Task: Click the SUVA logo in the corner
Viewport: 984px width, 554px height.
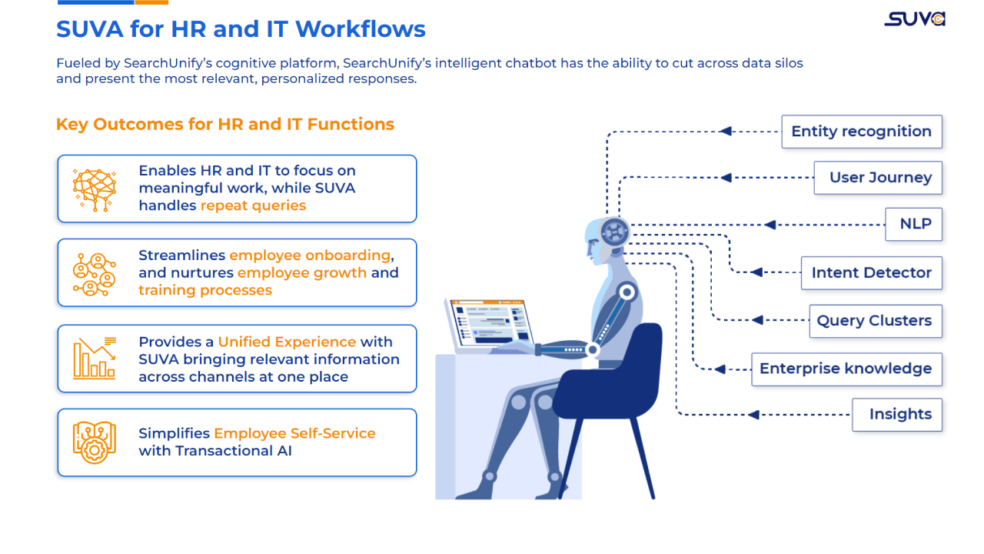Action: (x=914, y=19)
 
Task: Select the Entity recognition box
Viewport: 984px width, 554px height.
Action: (x=861, y=132)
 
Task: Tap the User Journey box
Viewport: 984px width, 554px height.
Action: (x=878, y=178)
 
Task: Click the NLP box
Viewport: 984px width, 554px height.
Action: (x=914, y=224)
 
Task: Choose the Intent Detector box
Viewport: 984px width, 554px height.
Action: (x=871, y=273)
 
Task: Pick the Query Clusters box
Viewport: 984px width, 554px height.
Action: (x=874, y=321)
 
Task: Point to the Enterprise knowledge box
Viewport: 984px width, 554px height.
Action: (x=846, y=369)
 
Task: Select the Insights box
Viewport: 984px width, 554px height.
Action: (x=897, y=415)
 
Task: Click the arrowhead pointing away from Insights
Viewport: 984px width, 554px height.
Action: (x=753, y=415)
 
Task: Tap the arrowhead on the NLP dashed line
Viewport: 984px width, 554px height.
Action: (x=770, y=225)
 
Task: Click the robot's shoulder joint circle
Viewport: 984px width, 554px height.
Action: (x=627, y=292)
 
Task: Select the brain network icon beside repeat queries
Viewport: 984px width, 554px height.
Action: (x=94, y=189)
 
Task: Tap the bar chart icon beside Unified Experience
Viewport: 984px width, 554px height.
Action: (x=94, y=359)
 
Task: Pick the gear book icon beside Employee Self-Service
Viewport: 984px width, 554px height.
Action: (x=94, y=442)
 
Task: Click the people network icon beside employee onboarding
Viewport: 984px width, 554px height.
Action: (x=94, y=273)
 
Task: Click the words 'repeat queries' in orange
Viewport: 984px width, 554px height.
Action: (x=253, y=205)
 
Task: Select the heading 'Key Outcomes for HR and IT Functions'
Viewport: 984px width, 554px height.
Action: (x=225, y=125)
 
